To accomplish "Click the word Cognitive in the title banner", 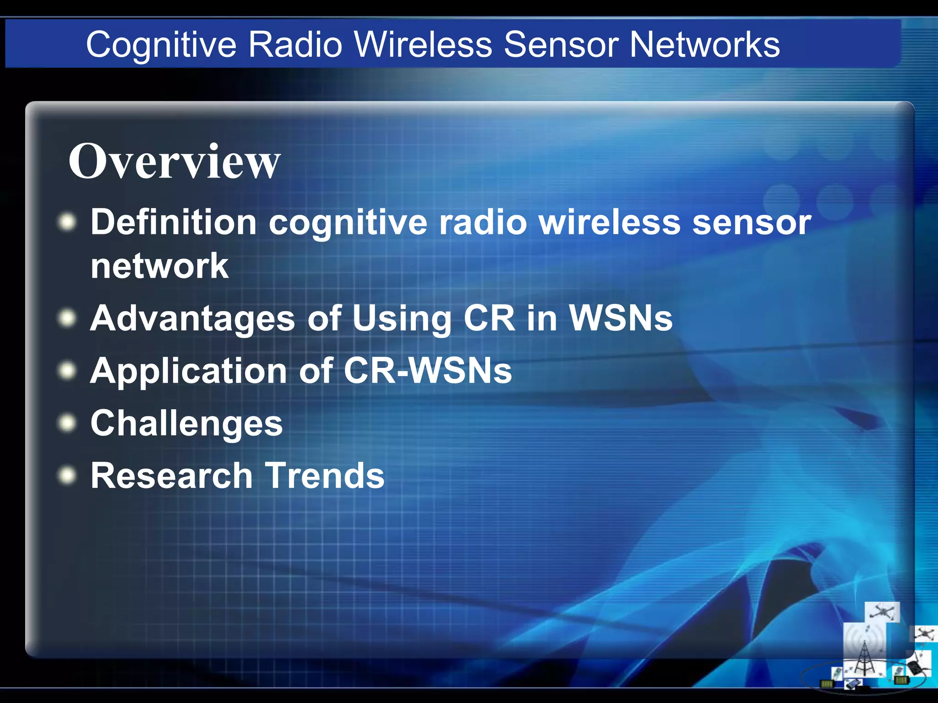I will pos(161,45).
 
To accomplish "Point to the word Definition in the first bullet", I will pos(174,222).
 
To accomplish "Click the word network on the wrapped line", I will pos(159,266).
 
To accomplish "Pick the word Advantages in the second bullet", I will pos(192,319).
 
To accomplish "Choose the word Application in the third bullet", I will pos(188,371).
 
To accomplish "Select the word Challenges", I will pos(186,423).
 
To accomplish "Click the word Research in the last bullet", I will pos(171,476).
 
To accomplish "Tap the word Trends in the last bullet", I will pos(325,476).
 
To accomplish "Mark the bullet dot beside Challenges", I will pos(67,423).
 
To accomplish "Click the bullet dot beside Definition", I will pos(67,222).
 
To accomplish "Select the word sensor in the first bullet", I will pos(751,222).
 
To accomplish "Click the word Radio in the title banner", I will pos(295,44).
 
